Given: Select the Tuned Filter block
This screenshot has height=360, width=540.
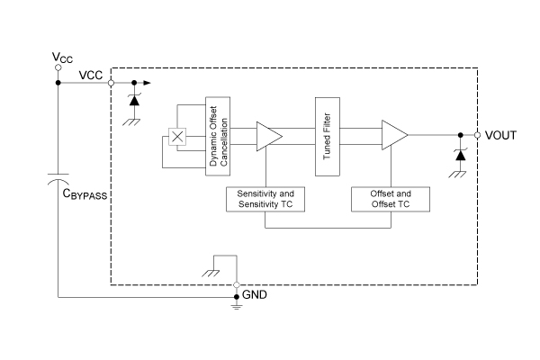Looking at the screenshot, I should pos(325,136).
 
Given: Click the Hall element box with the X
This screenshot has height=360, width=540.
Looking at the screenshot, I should pos(178,137).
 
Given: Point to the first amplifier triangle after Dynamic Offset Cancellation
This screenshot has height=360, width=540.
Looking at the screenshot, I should pos(268,136).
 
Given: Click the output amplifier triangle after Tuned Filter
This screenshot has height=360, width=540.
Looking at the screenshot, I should pos(393,136).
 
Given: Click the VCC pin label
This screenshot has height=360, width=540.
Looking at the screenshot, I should pos(90,75).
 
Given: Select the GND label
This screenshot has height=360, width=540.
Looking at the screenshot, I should pos(256,295).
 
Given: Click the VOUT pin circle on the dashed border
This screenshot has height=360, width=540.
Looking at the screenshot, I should pos(475,136).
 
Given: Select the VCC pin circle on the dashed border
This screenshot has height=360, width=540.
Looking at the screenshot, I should pos(111,83).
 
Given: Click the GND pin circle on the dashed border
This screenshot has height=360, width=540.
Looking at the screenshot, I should pos(237,285).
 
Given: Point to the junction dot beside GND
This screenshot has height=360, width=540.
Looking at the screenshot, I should pos(237,296).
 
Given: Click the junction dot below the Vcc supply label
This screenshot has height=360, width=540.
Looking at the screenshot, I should pos(58,83).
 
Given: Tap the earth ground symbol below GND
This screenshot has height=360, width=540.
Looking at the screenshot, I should pos(237,307).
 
